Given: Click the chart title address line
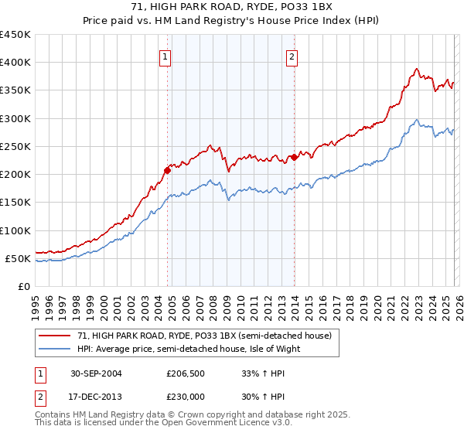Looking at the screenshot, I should coord(231,7).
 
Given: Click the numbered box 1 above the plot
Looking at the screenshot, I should coord(166,56).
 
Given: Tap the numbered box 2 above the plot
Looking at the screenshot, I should coord(292,56).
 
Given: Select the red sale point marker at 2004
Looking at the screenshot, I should coord(167,170).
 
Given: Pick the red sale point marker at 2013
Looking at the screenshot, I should coord(294,157).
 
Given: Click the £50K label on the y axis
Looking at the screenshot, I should coord(18,258).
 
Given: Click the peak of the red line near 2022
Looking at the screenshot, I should coord(417,69).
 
